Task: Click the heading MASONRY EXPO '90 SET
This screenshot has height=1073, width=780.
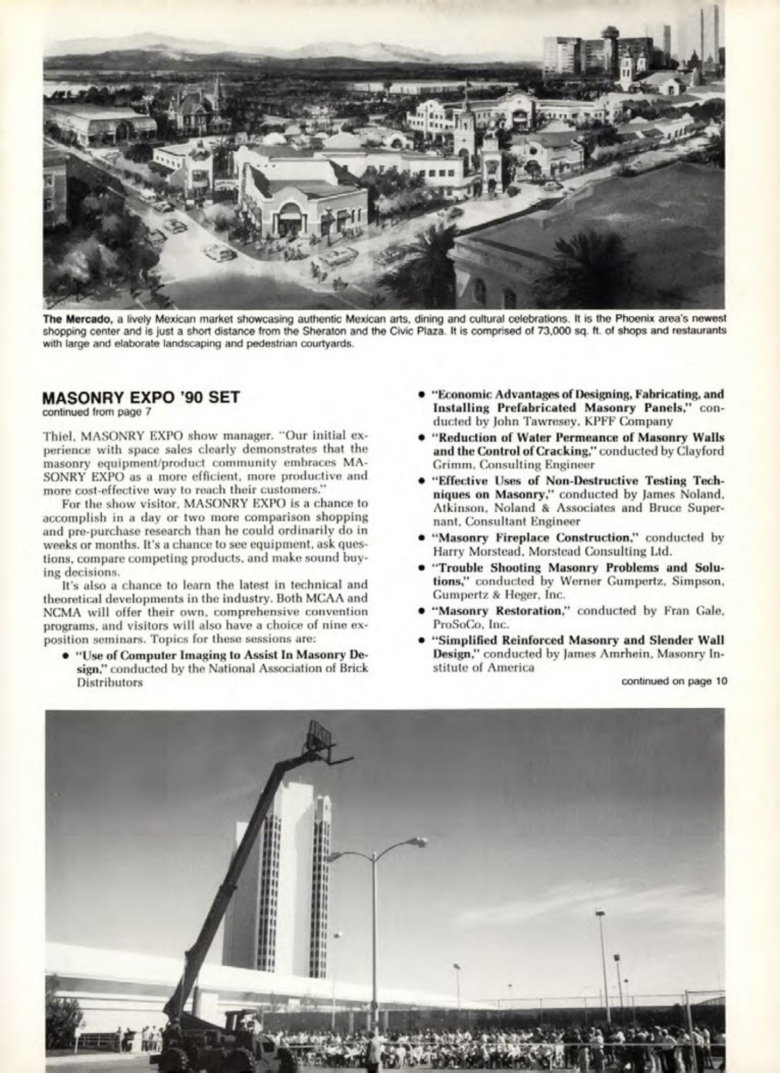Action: pyautogui.click(x=140, y=397)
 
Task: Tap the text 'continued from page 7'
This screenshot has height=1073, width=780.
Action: pyautogui.click(x=96, y=412)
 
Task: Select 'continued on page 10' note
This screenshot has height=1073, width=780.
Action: pyautogui.click(x=674, y=681)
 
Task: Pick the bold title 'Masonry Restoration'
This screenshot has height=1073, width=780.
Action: pyautogui.click(x=503, y=611)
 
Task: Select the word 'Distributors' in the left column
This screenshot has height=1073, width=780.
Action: pyautogui.click(x=109, y=682)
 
